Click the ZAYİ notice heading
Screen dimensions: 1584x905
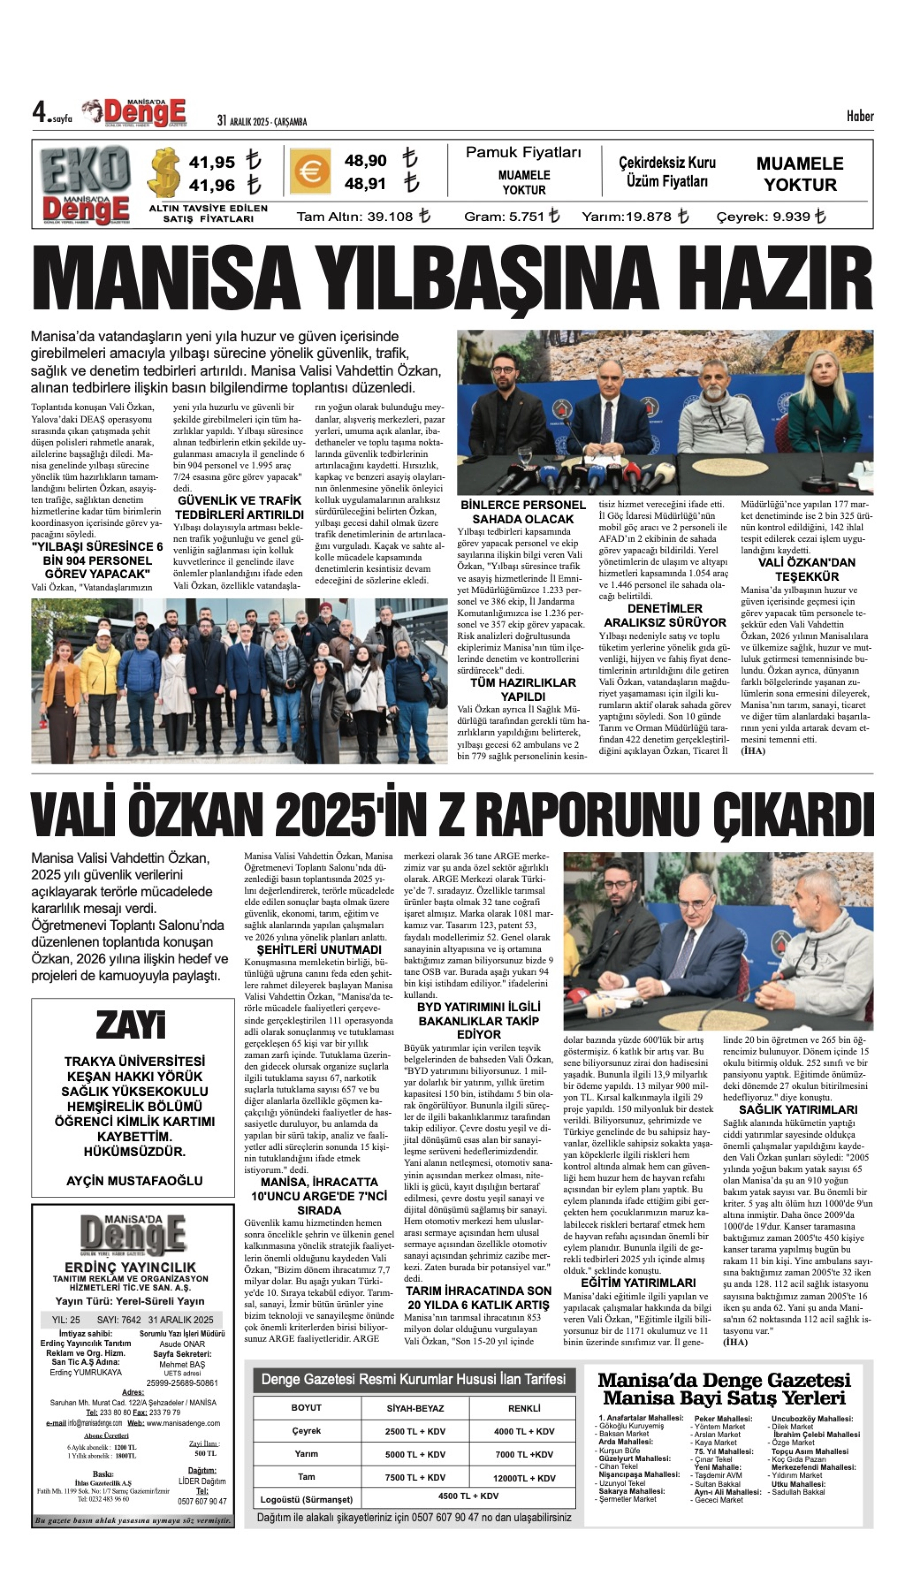pos(132,1025)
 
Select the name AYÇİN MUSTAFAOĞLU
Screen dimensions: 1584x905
pos(134,1180)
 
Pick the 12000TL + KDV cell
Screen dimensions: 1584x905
pos(524,1478)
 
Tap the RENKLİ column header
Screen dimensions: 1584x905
pos(524,1408)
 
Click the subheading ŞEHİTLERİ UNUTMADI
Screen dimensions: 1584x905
pos(319,949)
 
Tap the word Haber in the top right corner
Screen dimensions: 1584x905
pos(860,116)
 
